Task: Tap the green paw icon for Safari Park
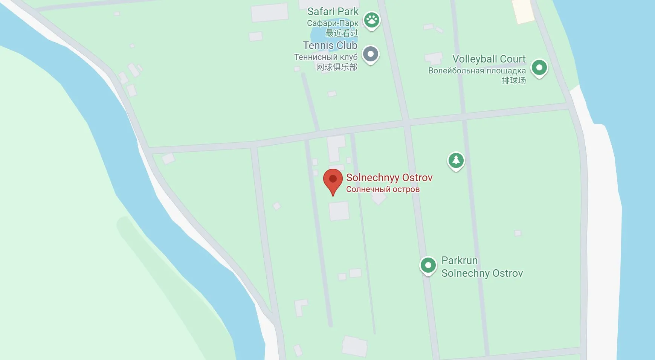pos(372,20)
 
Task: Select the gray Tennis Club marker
pos(371,54)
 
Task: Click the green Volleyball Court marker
pos(539,68)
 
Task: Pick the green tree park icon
pos(456,161)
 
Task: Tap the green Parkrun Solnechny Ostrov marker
pos(428,265)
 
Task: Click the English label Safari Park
pos(333,12)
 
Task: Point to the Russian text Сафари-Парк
pos(333,23)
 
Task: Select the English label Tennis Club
pos(330,46)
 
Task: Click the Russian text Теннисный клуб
pos(326,57)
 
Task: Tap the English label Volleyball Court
pos(489,59)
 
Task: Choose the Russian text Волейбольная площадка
pos(477,71)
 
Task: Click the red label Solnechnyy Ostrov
pos(389,178)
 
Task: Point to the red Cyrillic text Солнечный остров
pos(383,189)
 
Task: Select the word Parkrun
pos(460,261)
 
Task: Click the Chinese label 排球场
pos(513,81)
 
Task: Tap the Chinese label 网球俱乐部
pos(336,67)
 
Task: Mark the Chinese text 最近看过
pos(342,33)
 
